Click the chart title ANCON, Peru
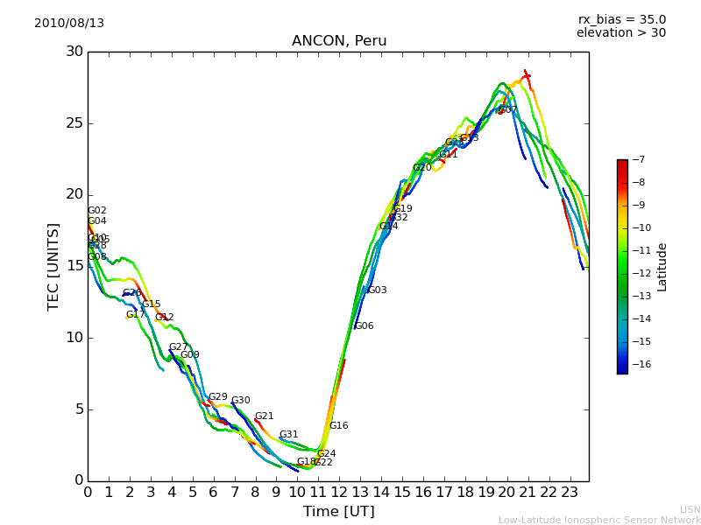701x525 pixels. pos(339,41)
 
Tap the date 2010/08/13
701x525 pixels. pos(69,24)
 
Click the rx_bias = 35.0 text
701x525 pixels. pos(621,20)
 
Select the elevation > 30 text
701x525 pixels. pos(621,33)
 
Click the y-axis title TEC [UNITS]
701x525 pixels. pos(54,266)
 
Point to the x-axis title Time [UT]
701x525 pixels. pos(339,512)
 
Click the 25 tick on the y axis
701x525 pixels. pos(74,123)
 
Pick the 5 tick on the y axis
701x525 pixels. pos(78,409)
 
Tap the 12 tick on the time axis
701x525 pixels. pos(339,492)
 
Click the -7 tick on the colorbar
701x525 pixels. pos(637,160)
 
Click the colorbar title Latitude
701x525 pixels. pos(662,267)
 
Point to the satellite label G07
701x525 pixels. pos(508,110)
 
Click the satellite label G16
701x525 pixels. pos(339,426)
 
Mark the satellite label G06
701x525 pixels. pos(365,326)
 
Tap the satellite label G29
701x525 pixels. pos(218,397)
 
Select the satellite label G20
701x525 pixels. pos(422,168)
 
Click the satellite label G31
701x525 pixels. pos(289,435)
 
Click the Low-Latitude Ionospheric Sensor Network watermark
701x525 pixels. pos(599,521)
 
